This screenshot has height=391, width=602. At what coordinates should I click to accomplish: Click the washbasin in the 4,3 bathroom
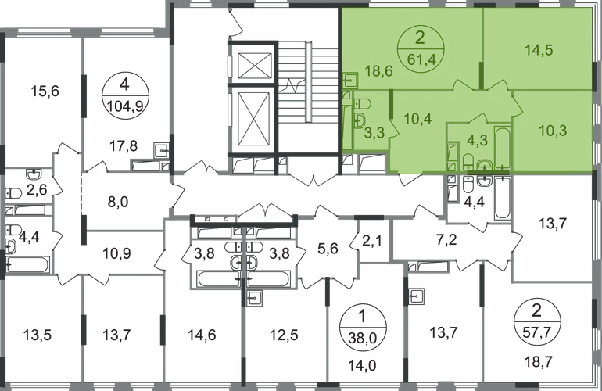pyautogui.click(x=484, y=163)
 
